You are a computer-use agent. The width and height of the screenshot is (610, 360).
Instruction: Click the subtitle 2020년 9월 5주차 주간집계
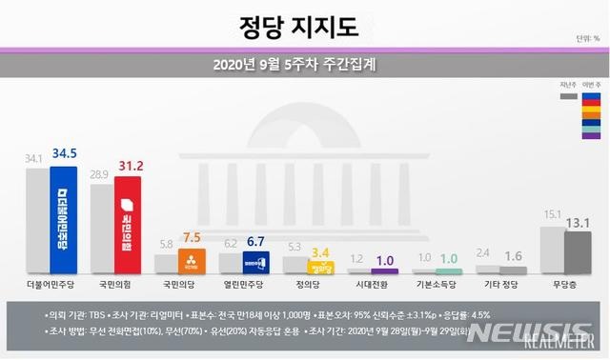pos(304,66)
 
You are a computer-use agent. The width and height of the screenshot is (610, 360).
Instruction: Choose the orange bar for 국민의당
pos(191,263)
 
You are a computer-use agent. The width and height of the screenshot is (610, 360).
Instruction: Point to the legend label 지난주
pos(568,85)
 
